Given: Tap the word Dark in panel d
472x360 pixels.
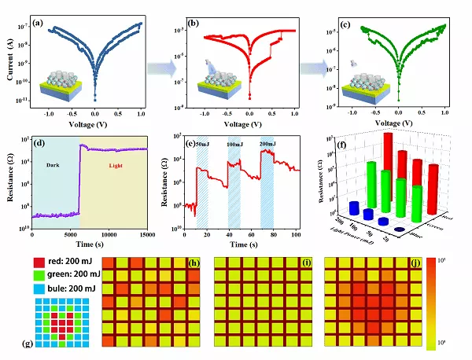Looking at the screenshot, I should pyautogui.click(x=53, y=166).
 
